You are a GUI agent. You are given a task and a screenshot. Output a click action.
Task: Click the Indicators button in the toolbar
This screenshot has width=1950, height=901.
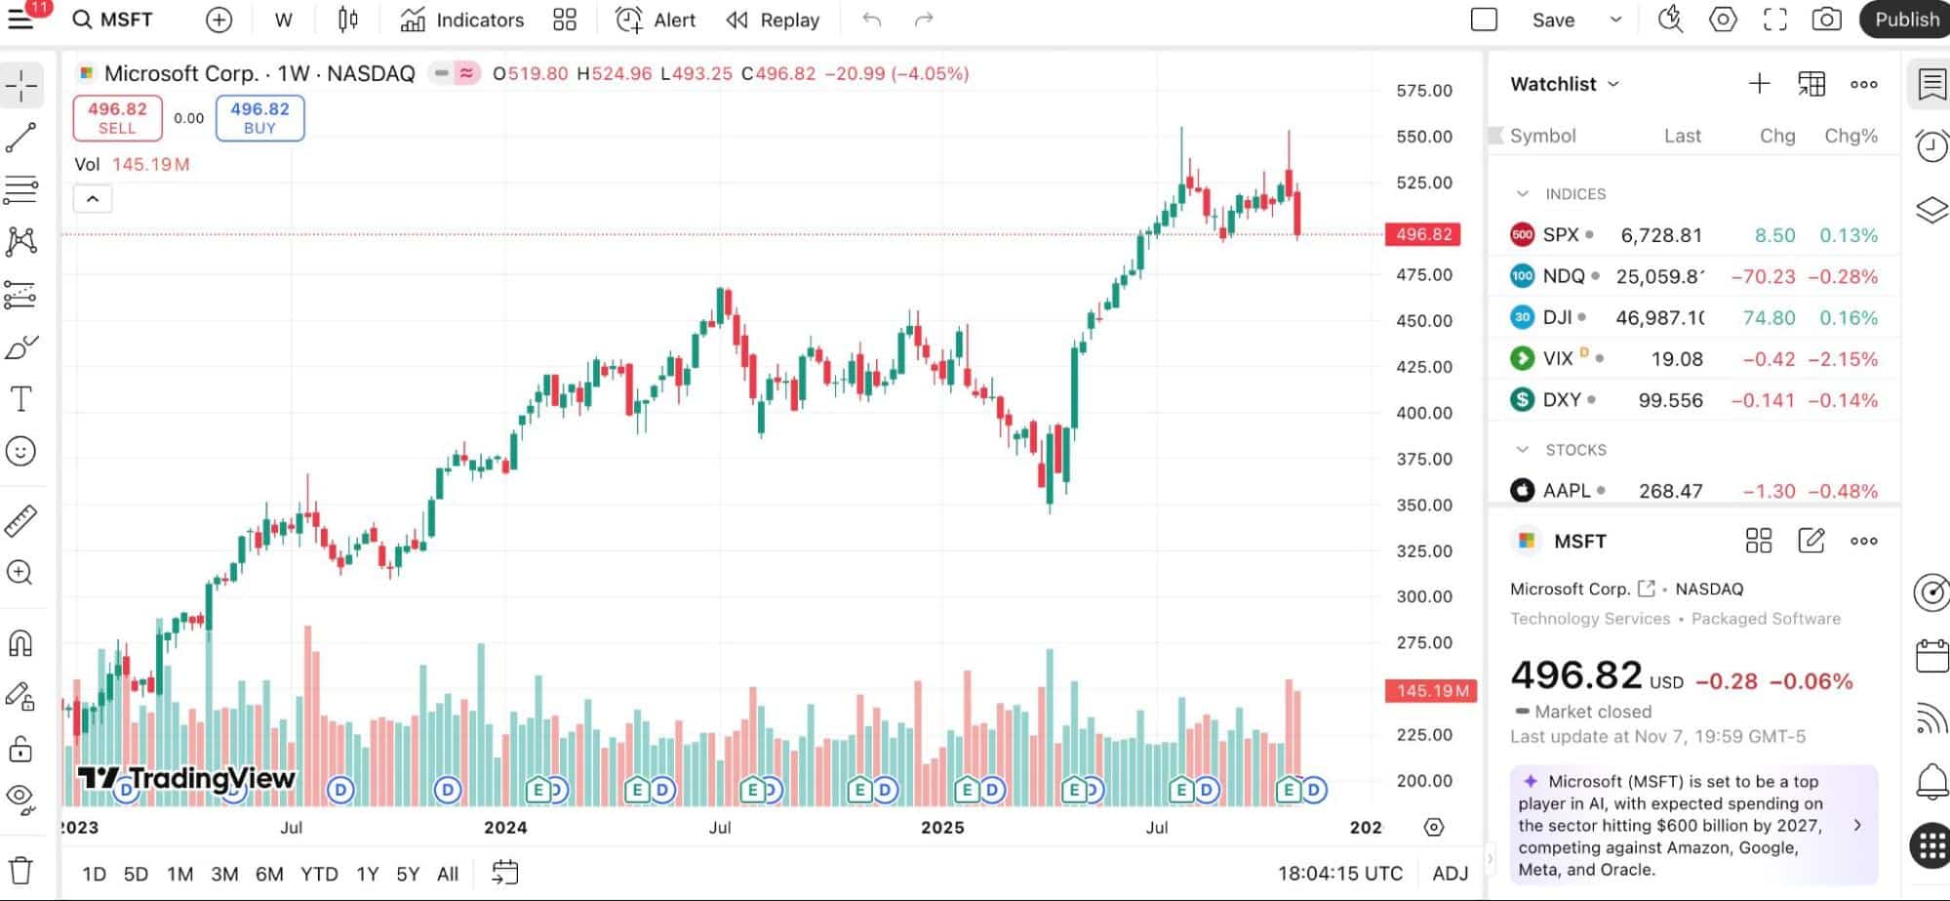[462, 20]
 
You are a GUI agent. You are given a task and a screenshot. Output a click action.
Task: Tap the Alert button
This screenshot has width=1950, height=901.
[656, 20]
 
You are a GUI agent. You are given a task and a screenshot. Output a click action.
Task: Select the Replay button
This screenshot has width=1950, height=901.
[774, 20]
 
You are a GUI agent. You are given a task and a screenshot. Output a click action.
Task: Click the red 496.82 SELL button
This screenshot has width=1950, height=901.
[117, 118]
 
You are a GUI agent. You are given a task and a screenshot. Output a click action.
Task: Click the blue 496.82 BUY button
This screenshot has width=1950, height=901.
[259, 118]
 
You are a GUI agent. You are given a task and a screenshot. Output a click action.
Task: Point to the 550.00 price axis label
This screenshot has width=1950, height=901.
[1423, 137]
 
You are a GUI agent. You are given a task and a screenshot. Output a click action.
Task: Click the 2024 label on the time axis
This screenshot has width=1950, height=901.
[505, 827]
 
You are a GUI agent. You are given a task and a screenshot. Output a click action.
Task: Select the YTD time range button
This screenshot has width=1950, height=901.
[319, 874]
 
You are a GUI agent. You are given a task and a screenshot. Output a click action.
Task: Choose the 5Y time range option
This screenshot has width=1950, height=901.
[408, 874]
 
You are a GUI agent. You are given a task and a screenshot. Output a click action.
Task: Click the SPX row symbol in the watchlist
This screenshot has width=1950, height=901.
[1560, 235]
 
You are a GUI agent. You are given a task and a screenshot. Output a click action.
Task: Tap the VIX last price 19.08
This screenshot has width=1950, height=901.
[1676, 359]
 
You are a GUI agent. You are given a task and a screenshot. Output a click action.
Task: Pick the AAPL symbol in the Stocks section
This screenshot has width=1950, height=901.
[1566, 491]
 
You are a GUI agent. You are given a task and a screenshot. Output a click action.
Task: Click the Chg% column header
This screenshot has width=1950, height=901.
[1851, 136]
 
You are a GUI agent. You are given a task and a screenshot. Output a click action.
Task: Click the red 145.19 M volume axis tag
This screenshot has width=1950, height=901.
[1431, 691]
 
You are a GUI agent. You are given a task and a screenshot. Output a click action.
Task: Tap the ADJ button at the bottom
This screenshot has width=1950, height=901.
[1450, 874]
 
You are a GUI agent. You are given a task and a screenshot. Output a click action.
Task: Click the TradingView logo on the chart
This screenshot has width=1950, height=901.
[186, 778]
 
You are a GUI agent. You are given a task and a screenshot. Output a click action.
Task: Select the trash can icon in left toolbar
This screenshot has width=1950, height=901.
[20, 870]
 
